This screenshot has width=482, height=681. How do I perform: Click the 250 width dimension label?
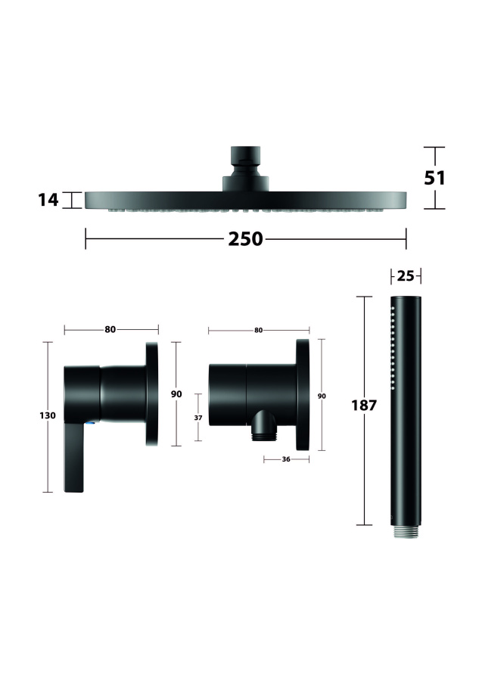click(245, 239)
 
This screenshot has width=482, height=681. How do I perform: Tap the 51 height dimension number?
click(434, 178)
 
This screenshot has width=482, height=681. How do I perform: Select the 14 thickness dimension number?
click(48, 200)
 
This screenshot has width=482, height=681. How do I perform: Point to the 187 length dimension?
click(364, 406)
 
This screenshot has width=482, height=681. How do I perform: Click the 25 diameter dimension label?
click(406, 275)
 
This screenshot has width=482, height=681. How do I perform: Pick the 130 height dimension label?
click(48, 415)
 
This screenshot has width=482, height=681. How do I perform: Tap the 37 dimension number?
click(198, 418)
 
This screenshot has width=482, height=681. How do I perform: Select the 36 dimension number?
click(286, 459)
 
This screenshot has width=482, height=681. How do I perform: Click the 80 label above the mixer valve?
click(110, 330)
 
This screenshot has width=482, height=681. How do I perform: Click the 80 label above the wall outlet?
click(258, 330)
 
